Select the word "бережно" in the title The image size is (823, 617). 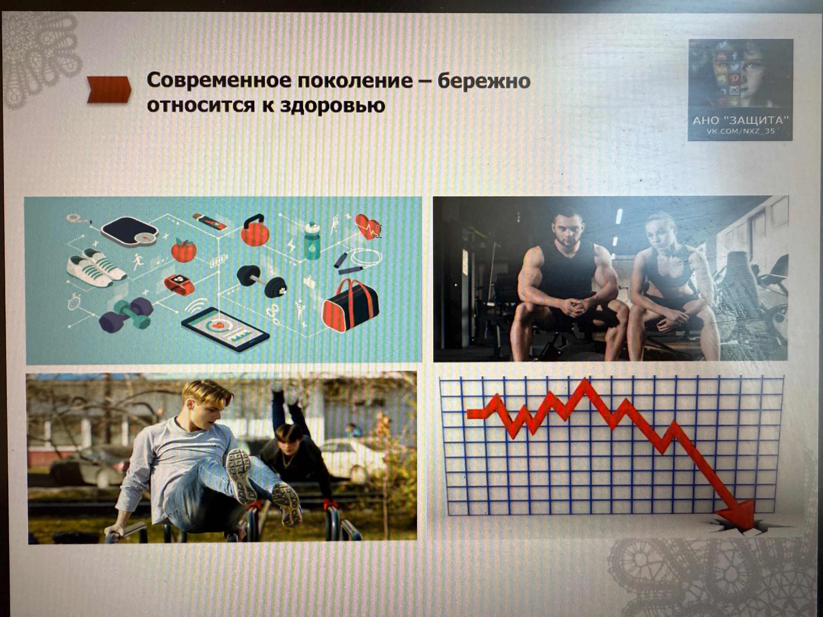click(484, 81)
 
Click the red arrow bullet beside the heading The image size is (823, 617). click(109, 89)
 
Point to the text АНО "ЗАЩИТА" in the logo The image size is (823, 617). click(741, 120)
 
